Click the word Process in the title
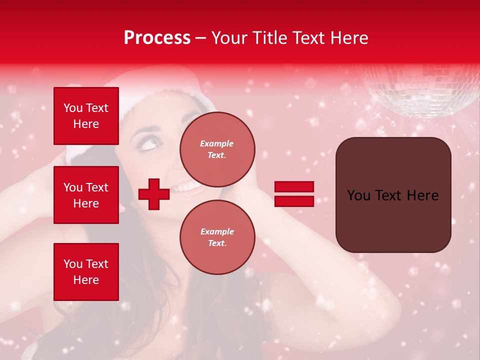tap(157, 38)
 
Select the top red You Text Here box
tap(86, 116)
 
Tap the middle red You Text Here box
tap(86, 195)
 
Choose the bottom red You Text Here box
tap(86, 272)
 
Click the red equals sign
tap(294, 194)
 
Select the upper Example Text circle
tap(217, 149)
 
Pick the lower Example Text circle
tap(217, 237)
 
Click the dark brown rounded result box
tap(393, 195)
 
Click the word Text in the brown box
tap(393, 195)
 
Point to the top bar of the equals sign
tap(294, 186)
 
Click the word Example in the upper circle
tap(217, 143)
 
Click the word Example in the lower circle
tap(217, 231)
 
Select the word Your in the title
tap(229, 38)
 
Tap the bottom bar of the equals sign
tap(294, 201)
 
